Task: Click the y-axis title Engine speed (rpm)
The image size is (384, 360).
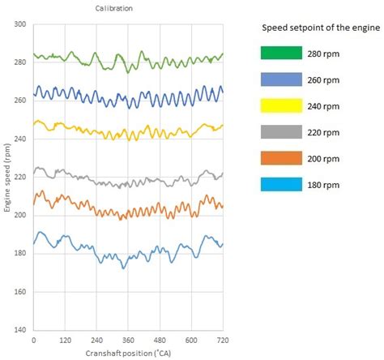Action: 6,180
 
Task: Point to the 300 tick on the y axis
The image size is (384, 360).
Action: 20,25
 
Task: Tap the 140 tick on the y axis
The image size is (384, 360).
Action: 20,330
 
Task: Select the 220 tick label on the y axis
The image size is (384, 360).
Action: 20,178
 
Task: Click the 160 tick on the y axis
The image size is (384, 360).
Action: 20,292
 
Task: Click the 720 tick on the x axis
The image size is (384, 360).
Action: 222,341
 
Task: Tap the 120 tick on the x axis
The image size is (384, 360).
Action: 66,341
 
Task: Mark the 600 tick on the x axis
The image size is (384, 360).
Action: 191,341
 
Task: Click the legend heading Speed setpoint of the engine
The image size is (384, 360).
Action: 321,28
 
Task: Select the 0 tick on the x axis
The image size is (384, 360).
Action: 34,341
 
